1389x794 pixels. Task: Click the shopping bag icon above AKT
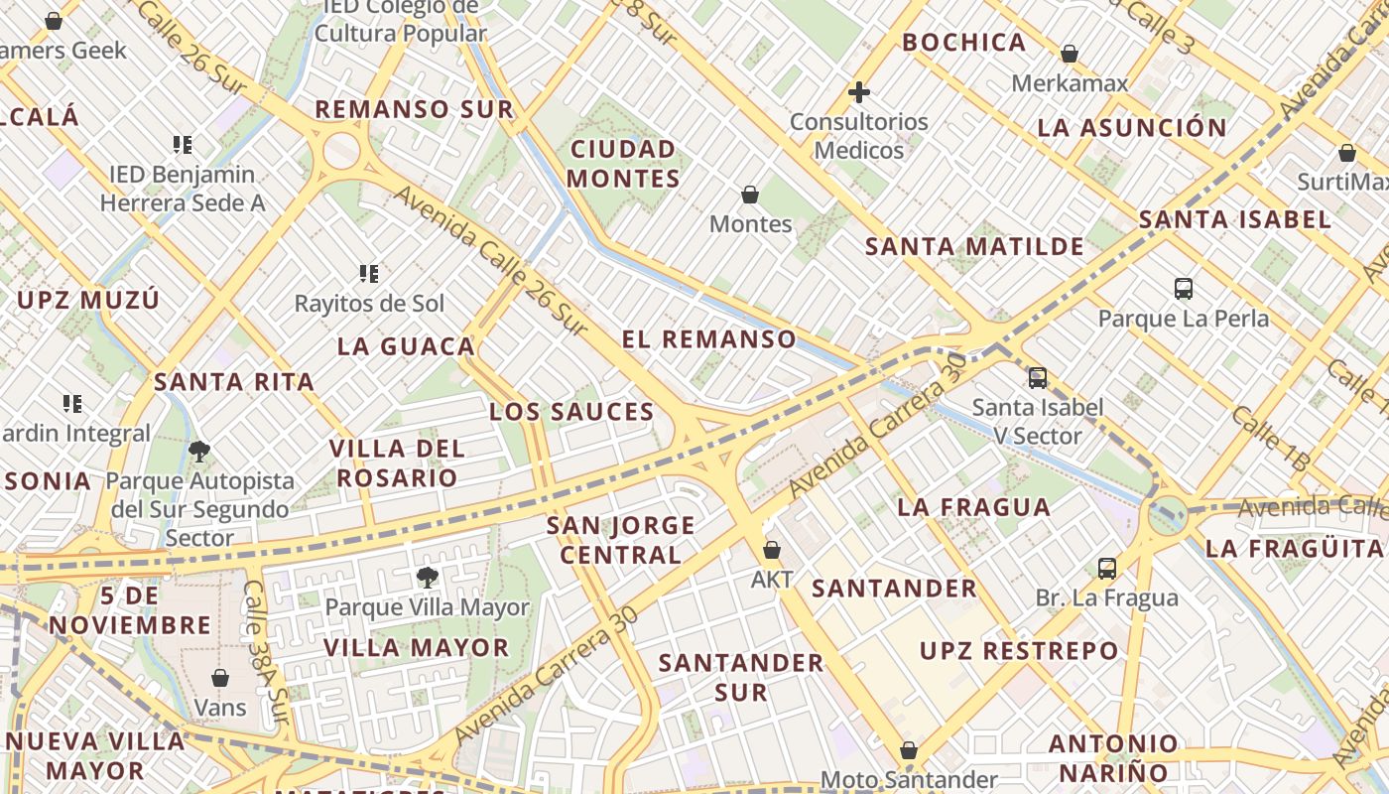coord(771,549)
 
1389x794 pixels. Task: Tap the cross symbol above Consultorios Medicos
coord(859,92)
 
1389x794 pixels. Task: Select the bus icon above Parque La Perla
coord(1183,289)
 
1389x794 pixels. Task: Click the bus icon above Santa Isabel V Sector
coord(1037,377)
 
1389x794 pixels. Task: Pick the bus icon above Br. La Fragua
coord(1107,569)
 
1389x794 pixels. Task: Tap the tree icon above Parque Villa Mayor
coord(428,577)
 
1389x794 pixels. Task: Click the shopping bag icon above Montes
coord(750,195)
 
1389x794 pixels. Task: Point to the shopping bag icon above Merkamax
coord(1070,54)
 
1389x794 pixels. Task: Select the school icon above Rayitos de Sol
coord(369,273)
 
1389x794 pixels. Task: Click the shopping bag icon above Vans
coord(220,678)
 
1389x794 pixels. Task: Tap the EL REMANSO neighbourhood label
coord(708,339)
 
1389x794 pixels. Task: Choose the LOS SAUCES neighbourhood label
coord(571,412)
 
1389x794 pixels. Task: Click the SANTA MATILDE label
coord(974,247)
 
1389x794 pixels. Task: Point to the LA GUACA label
coord(406,346)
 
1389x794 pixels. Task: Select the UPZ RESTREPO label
coord(1018,651)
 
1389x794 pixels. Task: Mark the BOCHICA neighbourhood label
coord(963,43)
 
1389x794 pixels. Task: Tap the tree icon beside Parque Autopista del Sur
coord(198,452)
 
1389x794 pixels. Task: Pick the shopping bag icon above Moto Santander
coord(908,751)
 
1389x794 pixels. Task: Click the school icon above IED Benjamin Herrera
coord(182,145)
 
